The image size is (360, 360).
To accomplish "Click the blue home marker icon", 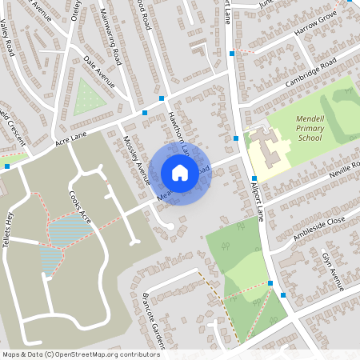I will pyautogui.click(x=179, y=172).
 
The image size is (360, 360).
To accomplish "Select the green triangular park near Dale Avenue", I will pyautogui.click(x=88, y=98).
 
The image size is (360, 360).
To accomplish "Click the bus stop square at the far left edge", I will pyautogui.click(x=7, y=166).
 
